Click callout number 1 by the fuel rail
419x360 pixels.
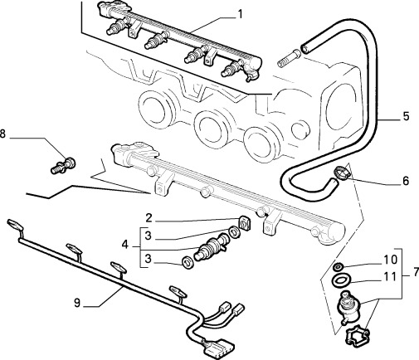point(240,14)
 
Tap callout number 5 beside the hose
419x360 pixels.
point(406,116)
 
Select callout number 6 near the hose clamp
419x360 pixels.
point(406,181)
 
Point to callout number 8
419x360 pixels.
point(2,134)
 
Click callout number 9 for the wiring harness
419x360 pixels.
point(77,303)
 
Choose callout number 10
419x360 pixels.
point(390,260)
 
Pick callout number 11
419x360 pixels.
point(390,276)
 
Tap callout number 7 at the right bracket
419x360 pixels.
point(416,272)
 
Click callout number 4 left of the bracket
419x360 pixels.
point(125,245)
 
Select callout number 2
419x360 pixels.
point(149,218)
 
